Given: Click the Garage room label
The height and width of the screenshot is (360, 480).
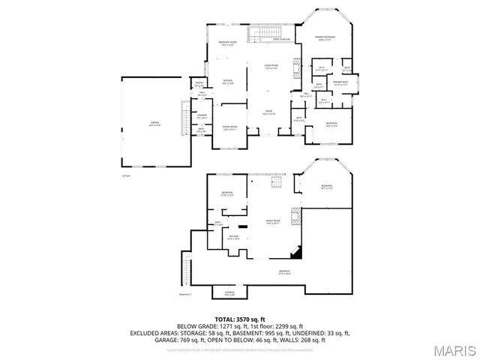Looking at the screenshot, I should [x=155, y=124].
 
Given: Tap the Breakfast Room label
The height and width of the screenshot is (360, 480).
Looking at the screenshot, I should [x=228, y=43].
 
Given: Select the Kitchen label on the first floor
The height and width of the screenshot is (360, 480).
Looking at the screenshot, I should [x=227, y=82].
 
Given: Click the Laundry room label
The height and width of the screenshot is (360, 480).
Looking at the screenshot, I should [x=202, y=117].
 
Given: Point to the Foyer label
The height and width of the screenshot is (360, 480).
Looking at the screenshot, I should [x=267, y=112].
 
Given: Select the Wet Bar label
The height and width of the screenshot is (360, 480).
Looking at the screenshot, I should [x=234, y=238].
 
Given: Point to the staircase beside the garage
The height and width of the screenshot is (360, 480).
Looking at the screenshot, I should [x=186, y=117].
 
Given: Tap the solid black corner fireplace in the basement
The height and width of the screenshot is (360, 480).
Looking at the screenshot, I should [x=297, y=253].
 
